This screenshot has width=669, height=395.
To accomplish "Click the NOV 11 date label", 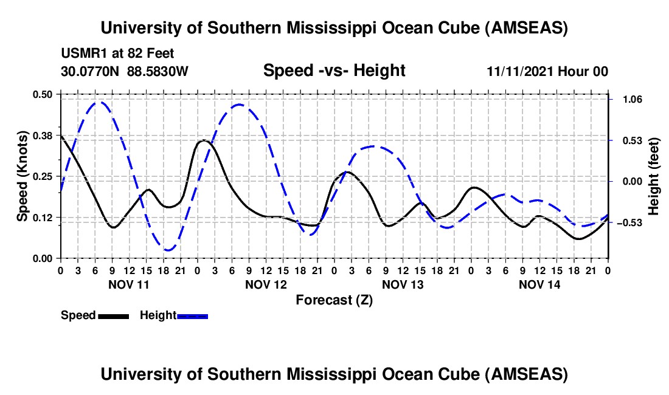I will tap(128, 284).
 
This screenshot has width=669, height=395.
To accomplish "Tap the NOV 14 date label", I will tap(539, 284).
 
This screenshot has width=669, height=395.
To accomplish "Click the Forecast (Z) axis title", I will tap(334, 300).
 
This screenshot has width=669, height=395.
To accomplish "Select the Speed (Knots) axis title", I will tap(22, 176).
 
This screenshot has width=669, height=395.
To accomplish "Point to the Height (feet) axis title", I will tap(654, 176).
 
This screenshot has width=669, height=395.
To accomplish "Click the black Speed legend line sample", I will tap(113, 315).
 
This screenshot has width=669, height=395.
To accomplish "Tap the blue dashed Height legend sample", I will tap(192, 315).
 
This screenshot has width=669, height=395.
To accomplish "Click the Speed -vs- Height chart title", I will tap(334, 71).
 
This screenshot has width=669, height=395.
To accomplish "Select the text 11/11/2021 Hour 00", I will tap(547, 72).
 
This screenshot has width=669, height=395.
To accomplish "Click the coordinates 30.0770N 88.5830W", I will tap(125, 72).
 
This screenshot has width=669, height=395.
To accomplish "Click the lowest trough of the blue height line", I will tap(168, 250).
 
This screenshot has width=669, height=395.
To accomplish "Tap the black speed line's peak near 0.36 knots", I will tap(204, 141).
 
